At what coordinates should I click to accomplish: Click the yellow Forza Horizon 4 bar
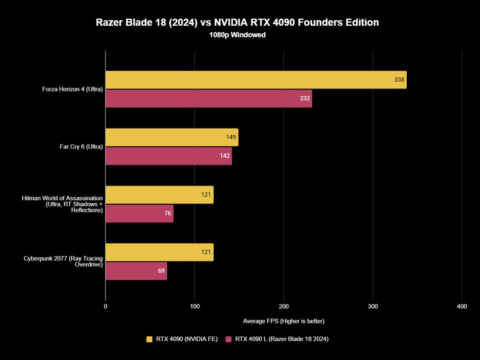click(256, 80)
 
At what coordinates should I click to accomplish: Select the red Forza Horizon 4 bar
click(208, 98)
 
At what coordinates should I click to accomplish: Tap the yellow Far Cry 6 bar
click(172, 137)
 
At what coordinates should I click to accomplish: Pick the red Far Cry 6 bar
click(168, 156)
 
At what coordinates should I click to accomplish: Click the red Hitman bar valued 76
click(139, 214)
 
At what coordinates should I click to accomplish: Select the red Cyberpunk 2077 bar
click(136, 271)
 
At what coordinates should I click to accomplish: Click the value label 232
click(305, 98)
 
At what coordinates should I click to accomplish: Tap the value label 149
click(231, 137)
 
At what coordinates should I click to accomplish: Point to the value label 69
click(161, 271)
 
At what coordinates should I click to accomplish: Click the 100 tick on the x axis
click(194, 307)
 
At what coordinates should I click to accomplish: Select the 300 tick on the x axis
click(373, 307)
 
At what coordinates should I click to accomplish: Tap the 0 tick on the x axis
click(105, 307)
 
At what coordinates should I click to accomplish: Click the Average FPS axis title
click(284, 321)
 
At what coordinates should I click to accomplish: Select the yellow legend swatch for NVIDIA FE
click(149, 339)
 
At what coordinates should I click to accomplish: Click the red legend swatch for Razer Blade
click(229, 339)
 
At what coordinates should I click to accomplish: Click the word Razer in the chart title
click(111, 22)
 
